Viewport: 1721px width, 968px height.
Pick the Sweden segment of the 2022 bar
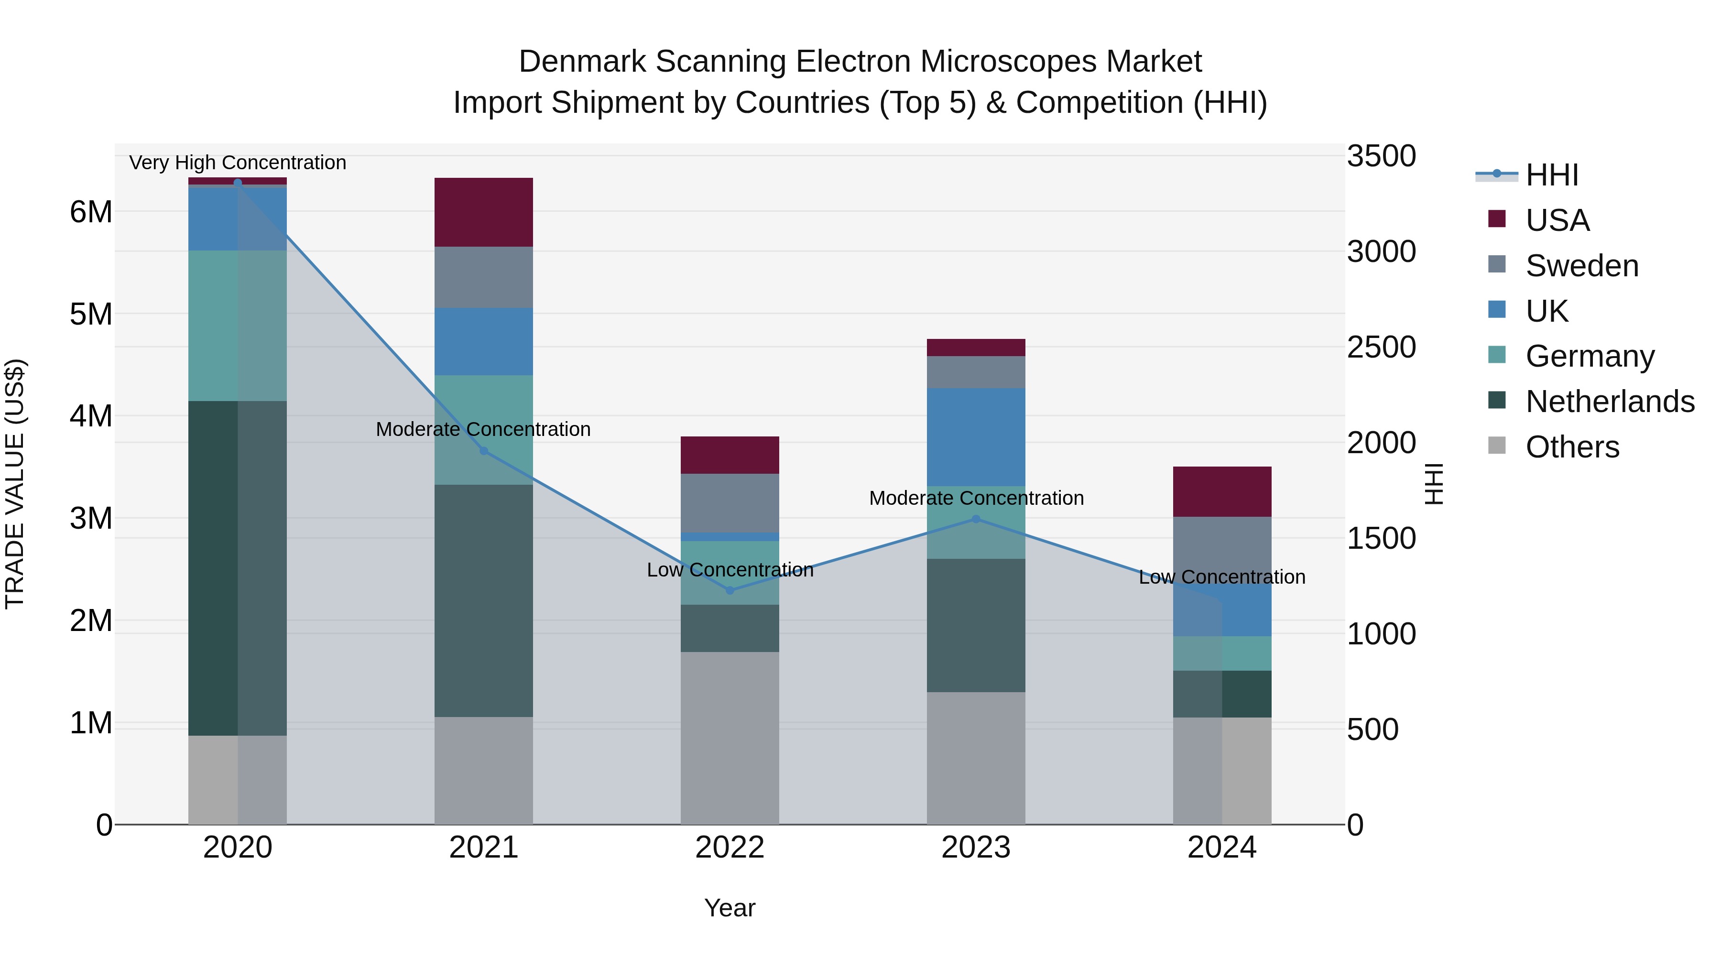[730, 502]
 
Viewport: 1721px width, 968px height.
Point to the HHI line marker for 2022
[730, 590]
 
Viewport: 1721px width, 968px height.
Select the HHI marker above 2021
[484, 451]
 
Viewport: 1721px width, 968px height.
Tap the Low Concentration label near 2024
[1221, 576]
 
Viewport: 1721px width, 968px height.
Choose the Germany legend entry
[1590, 356]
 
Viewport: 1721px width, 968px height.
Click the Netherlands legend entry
[1610, 402]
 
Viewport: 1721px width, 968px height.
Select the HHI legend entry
[1551, 175]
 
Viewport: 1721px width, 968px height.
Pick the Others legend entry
[1572, 447]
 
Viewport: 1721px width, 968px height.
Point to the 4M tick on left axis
[91, 416]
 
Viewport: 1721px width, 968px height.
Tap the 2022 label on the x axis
[730, 848]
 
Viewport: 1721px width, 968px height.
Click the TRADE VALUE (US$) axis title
[15, 484]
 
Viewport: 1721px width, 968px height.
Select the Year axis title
[730, 908]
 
